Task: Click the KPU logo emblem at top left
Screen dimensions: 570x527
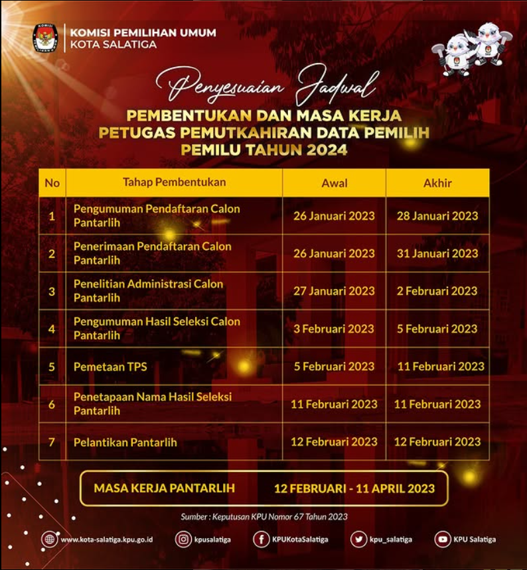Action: tap(46, 38)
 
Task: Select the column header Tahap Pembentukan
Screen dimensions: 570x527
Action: tap(174, 182)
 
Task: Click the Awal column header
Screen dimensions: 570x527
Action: tap(335, 183)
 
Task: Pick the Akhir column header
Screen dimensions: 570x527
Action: tap(437, 183)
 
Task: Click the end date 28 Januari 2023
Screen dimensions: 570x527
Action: tap(437, 215)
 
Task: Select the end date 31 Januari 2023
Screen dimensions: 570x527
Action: tap(437, 253)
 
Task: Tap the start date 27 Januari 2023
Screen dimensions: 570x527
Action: tap(335, 291)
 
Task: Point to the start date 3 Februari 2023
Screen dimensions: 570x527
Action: tap(335, 329)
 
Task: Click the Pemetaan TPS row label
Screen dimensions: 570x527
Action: tap(110, 367)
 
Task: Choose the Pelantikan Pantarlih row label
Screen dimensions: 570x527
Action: tap(125, 442)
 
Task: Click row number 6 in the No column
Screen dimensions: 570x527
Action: tap(52, 404)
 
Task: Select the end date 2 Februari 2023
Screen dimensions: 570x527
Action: tap(437, 291)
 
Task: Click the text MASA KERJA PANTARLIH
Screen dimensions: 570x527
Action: tap(165, 488)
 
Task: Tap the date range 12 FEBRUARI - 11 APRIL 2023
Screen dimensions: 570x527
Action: tap(354, 489)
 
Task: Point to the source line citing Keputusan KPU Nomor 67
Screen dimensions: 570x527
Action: tap(264, 517)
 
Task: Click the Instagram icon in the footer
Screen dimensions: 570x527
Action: tap(184, 540)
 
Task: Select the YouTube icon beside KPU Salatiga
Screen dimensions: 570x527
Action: tap(443, 540)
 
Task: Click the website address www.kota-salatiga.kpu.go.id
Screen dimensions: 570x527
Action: tap(107, 540)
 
